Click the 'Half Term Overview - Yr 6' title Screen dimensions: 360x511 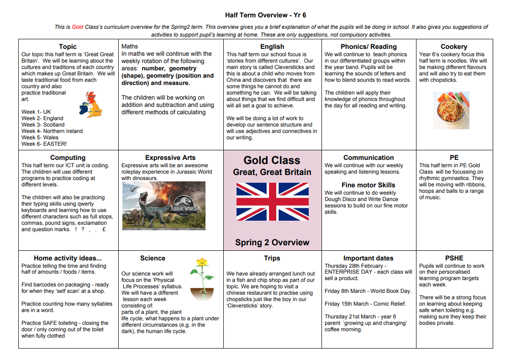265,15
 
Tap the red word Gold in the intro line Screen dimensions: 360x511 78,27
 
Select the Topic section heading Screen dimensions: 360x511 68,47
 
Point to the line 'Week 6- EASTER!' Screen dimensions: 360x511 44,144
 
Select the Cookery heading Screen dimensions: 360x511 453,47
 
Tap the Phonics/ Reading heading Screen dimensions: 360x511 369,47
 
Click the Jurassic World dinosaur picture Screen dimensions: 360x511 163,206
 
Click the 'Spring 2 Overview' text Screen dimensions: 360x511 272,243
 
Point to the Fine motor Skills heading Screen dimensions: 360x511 368,185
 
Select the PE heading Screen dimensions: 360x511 454,158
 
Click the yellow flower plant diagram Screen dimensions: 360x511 201,279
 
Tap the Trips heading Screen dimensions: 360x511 272,258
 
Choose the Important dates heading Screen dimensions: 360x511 368,258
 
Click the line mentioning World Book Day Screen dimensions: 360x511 368,291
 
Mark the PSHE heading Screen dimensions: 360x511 454,258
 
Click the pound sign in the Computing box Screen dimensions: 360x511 104,229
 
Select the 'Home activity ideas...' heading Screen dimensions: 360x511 68,258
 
